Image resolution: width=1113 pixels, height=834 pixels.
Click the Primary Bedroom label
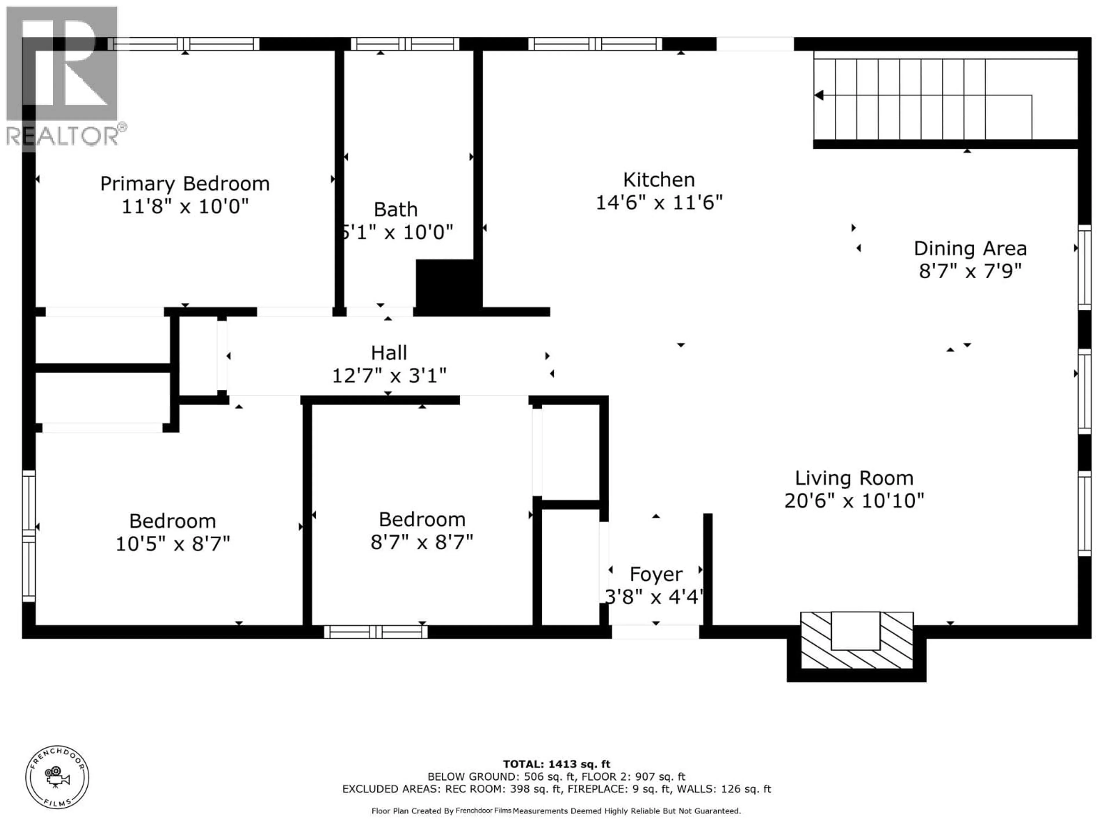[x=185, y=184]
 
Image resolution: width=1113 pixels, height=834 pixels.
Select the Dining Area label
[x=970, y=248]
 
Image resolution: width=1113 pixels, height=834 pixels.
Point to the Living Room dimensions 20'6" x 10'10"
[x=854, y=501]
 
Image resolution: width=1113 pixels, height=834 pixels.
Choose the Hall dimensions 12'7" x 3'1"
[x=389, y=376]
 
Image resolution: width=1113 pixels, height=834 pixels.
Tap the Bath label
[x=395, y=209]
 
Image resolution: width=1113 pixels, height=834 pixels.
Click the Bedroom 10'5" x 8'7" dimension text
[x=172, y=544]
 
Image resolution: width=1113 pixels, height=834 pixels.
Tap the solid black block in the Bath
[x=446, y=284]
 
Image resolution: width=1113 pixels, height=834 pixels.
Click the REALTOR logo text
[x=63, y=136]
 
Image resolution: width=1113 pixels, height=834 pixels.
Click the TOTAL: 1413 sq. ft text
[x=556, y=765]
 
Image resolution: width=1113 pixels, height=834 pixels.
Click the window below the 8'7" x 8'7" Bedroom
[x=375, y=632]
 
